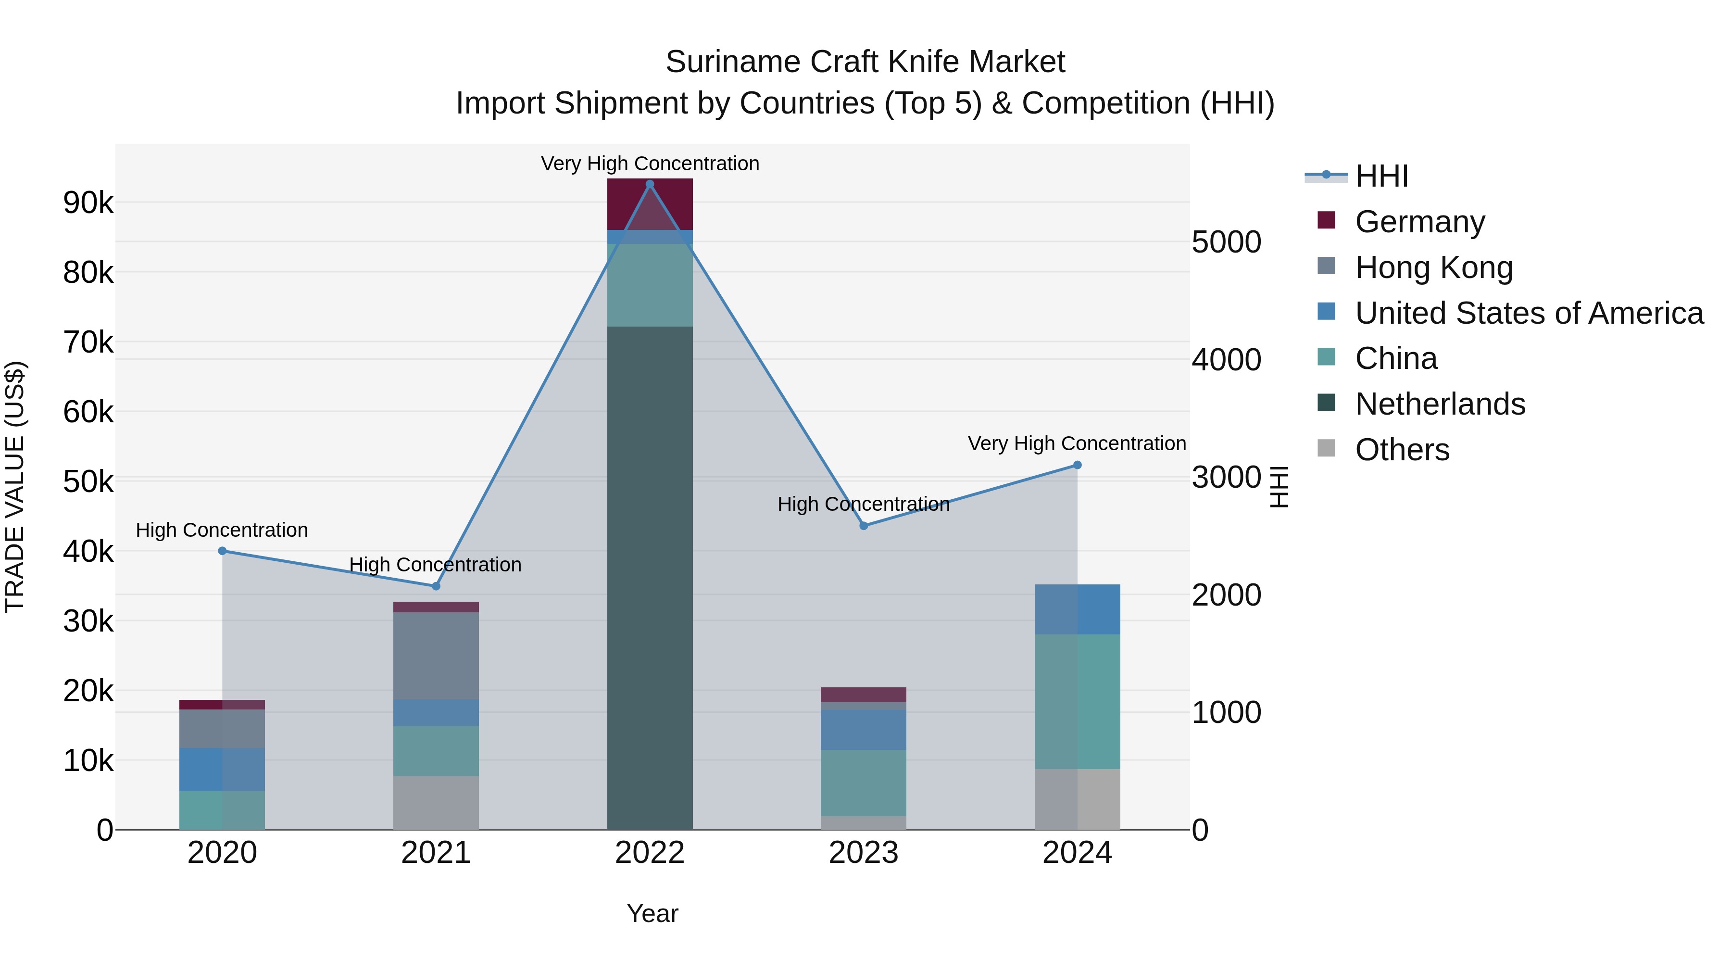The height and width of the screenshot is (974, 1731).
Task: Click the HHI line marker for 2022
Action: click(x=649, y=184)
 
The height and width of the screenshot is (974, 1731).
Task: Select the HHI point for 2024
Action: click(x=1077, y=465)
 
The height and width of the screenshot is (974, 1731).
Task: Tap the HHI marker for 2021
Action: click(x=436, y=586)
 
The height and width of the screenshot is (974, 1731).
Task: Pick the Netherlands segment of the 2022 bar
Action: click(x=649, y=578)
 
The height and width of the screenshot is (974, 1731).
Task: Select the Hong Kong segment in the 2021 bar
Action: click(x=436, y=656)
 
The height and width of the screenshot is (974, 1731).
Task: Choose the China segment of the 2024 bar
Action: click(x=1077, y=701)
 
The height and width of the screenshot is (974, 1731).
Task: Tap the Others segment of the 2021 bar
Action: click(x=436, y=803)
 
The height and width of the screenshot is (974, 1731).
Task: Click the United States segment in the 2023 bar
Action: click(x=864, y=729)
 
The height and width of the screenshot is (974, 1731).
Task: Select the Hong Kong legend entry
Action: click(x=1433, y=267)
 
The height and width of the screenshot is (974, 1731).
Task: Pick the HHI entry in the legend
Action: click(x=1381, y=176)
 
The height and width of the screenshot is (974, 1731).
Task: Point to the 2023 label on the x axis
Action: click(x=864, y=853)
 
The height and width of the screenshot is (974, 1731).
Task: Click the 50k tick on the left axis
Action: click(x=88, y=481)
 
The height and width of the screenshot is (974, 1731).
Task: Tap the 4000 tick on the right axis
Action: click(x=1226, y=360)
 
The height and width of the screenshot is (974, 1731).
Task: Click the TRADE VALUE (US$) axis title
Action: click(x=15, y=487)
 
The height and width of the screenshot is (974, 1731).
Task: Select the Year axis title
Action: click(x=652, y=913)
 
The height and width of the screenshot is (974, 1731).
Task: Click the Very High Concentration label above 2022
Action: click(x=650, y=164)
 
